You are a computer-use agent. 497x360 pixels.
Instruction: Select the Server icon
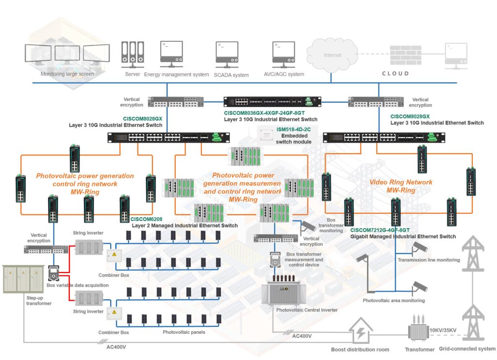[133, 54]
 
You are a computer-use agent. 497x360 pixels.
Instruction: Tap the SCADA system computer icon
[227, 54]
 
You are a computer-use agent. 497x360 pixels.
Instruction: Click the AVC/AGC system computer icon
[283, 54]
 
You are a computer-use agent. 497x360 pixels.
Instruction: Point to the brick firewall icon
[405, 54]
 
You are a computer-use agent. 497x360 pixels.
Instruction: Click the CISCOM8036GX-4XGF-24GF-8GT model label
[265, 113]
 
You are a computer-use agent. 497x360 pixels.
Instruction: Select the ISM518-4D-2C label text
[294, 129]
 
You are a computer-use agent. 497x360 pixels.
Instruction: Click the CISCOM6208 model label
[147, 219]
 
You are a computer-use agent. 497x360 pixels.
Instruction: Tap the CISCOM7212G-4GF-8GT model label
[380, 230]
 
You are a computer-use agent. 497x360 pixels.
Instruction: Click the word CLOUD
[395, 73]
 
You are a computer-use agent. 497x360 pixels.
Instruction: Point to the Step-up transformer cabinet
[23, 279]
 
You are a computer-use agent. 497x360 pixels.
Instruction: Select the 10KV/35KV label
[443, 330]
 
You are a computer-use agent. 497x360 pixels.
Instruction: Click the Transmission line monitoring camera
[419, 247]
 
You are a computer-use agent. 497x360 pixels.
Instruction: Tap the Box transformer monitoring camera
[308, 226]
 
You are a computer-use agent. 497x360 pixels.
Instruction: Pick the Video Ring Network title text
[400, 182]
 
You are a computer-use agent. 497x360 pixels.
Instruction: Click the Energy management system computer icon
[171, 54]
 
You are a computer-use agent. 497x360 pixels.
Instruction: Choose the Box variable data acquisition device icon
[53, 273]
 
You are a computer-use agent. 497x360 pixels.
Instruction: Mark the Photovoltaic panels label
[184, 332]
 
